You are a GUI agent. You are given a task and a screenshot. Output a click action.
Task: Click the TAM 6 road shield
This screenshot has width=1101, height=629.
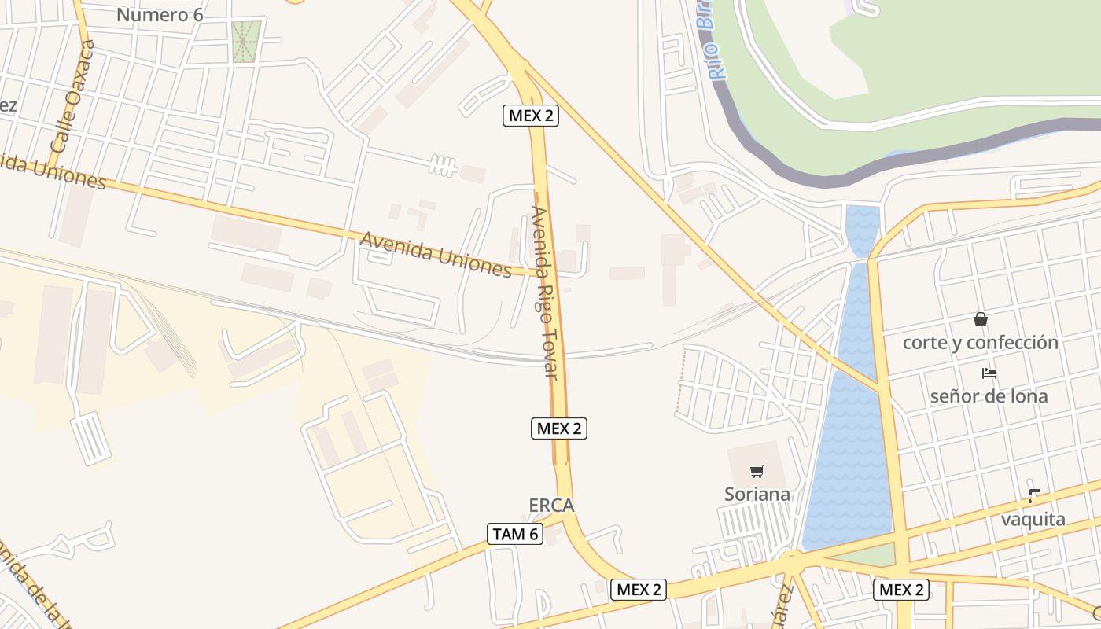515,534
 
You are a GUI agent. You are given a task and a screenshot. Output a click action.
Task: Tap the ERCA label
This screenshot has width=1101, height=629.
551,506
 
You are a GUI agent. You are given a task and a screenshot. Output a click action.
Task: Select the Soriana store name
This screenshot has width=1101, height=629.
757,495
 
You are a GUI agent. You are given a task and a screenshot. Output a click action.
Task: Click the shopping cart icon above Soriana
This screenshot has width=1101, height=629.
757,472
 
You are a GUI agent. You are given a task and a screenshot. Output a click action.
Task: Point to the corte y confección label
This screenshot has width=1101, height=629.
980,343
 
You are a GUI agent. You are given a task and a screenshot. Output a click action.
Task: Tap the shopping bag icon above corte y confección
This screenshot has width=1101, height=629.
980,319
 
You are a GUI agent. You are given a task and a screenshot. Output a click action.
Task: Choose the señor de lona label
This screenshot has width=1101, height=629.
989,396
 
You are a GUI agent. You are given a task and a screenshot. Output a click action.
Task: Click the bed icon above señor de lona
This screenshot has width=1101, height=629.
989,373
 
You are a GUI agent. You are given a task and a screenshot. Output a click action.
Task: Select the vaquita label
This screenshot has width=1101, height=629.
1033,520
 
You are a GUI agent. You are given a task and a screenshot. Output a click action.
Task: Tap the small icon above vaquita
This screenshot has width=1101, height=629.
1033,496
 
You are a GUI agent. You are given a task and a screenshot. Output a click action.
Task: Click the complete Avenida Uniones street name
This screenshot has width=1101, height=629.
436,254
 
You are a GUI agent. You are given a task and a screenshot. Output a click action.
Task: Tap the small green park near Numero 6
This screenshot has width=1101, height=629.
246,41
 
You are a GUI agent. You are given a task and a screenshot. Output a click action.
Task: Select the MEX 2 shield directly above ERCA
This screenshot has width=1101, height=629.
559,429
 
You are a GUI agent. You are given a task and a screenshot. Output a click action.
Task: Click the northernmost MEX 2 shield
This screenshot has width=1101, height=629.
531,116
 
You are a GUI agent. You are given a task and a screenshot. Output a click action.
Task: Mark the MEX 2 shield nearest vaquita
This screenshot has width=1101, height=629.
900,590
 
